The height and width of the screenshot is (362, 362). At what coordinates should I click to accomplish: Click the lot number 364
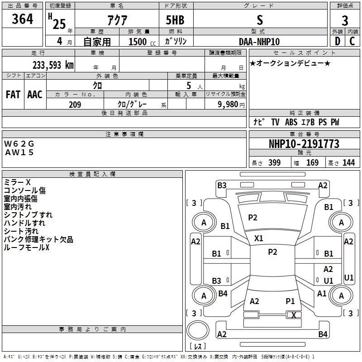[23, 19]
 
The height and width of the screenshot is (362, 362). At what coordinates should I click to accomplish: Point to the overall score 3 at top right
[345, 21]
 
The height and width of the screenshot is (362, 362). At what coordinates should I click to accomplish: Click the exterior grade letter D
[337, 42]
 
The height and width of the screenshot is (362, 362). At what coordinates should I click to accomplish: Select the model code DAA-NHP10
[259, 42]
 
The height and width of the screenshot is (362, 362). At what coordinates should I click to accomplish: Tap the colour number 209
[75, 105]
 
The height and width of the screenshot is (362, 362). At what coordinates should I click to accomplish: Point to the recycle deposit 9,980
[228, 105]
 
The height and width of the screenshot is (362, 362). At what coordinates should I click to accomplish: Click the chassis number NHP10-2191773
[304, 144]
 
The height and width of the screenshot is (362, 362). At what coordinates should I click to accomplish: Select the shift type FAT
[13, 95]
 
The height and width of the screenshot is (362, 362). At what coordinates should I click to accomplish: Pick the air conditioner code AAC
[35, 95]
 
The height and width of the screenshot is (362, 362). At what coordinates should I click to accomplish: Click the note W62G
[19, 143]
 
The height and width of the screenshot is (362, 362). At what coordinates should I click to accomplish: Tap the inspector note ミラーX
[17, 182]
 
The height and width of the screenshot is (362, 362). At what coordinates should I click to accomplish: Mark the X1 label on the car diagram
[259, 238]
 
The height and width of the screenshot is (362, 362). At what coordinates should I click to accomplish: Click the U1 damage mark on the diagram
[329, 281]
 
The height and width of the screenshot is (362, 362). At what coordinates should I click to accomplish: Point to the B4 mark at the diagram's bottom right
[323, 334]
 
